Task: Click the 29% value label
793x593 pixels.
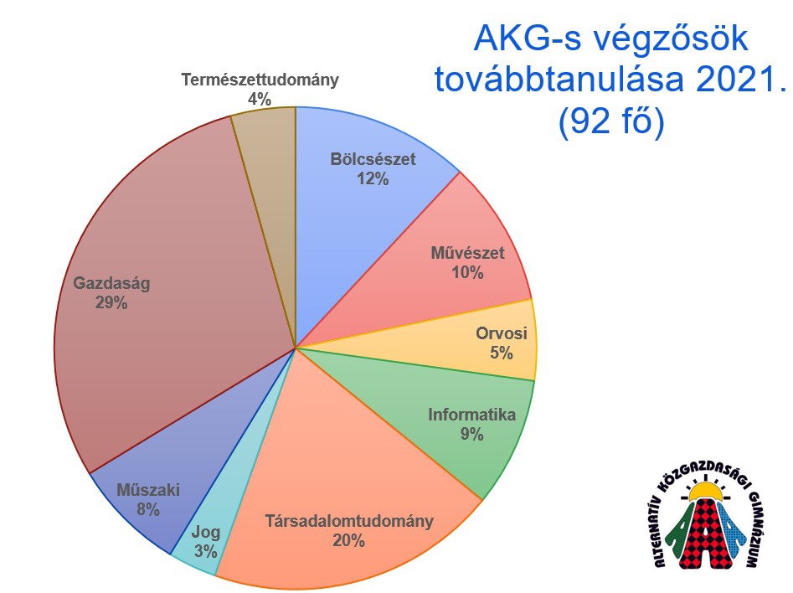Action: point(111,303)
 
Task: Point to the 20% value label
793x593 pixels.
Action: point(348,541)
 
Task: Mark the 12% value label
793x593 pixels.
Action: point(372,178)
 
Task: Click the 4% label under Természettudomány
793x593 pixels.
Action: point(259,99)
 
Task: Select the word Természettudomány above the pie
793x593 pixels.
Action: point(260,80)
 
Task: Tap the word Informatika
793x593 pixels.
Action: point(471,415)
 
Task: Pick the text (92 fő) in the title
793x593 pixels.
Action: point(610,122)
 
